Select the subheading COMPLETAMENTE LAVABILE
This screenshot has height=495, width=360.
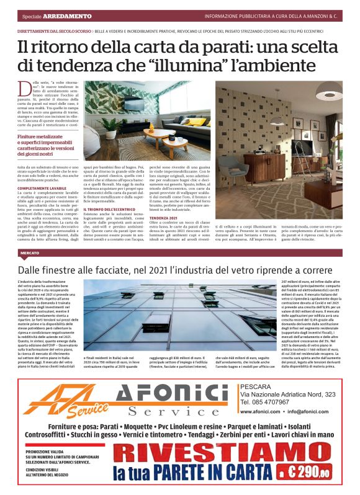[42, 187]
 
